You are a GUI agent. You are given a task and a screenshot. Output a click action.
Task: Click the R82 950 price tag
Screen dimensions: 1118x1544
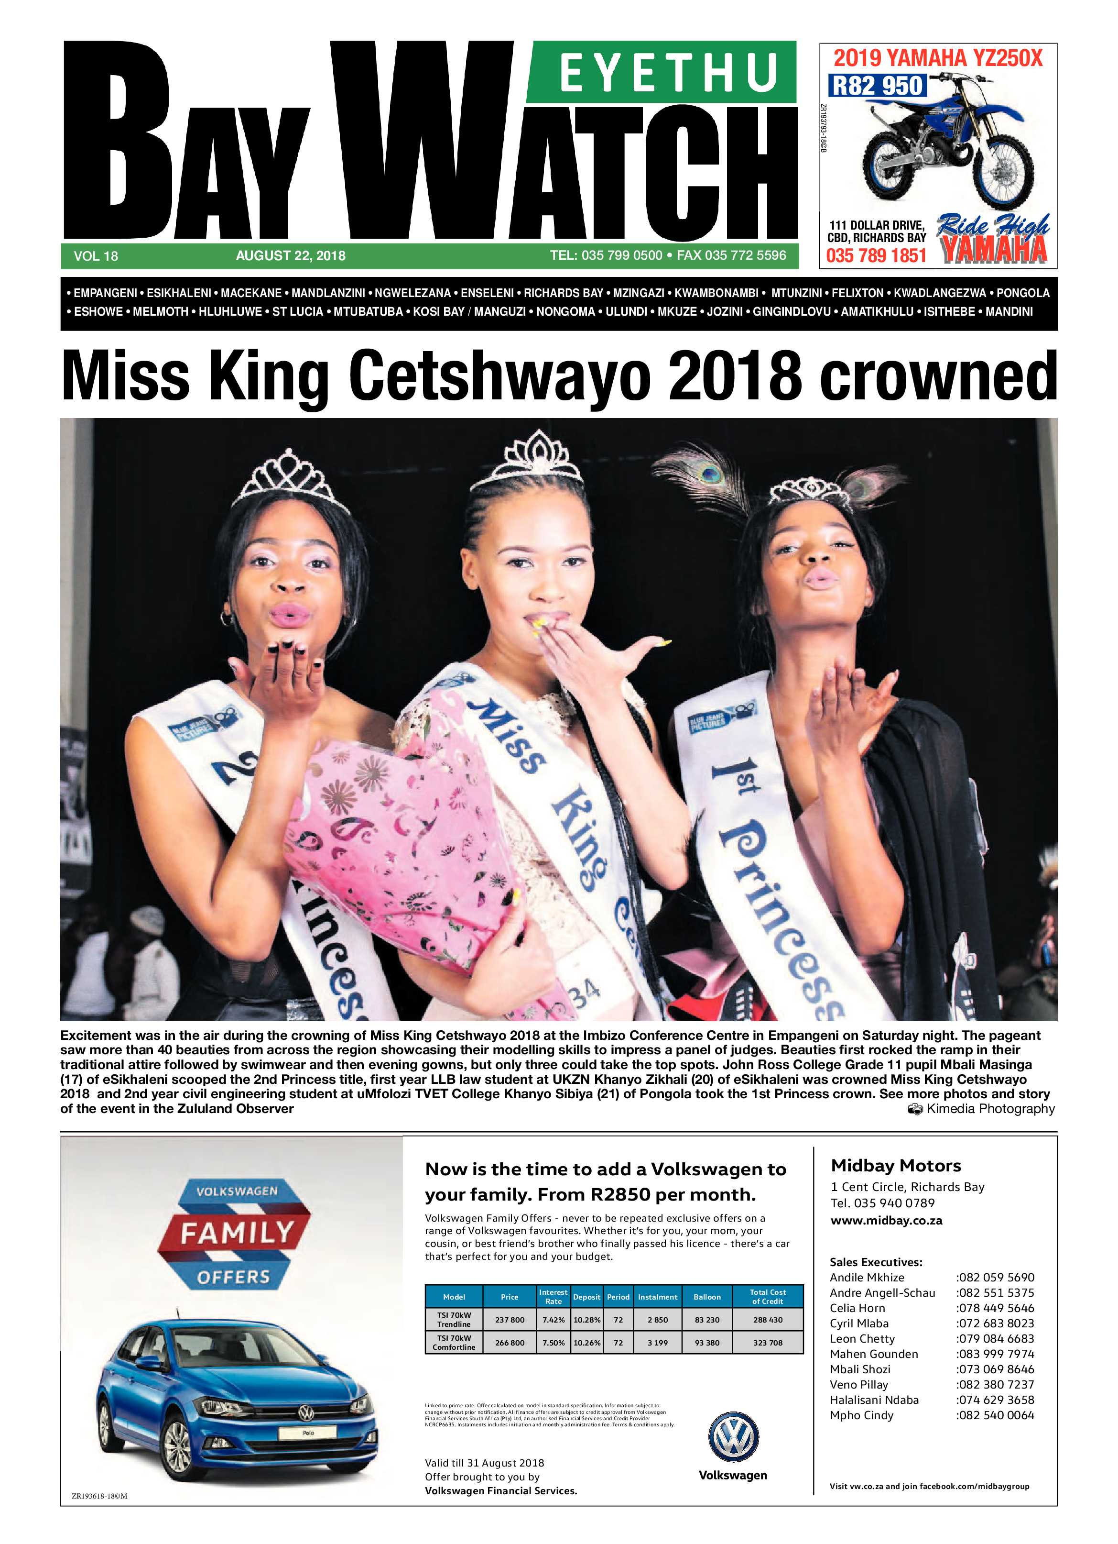[x=877, y=86]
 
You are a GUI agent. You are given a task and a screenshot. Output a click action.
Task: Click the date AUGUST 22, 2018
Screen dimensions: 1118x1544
[x=291, y=256]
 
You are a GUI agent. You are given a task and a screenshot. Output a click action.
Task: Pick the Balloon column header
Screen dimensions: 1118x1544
[x=707, y=1297]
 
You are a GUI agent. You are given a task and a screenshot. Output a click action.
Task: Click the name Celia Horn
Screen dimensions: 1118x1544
[x=857, y=1308]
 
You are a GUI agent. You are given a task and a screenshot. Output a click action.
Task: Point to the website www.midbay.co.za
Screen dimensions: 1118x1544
[x=887, y=1221]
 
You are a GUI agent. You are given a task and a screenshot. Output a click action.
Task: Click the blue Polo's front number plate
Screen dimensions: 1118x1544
[x=307, y=1433]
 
